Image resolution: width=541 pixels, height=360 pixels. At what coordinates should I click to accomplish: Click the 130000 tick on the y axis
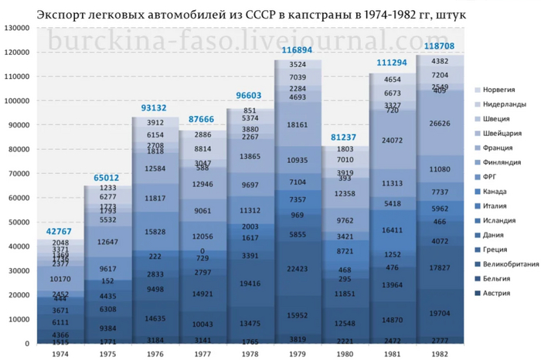15,28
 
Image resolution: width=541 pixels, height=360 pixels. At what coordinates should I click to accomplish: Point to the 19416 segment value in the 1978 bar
249,284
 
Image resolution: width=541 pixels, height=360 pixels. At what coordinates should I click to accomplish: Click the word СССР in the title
270,15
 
